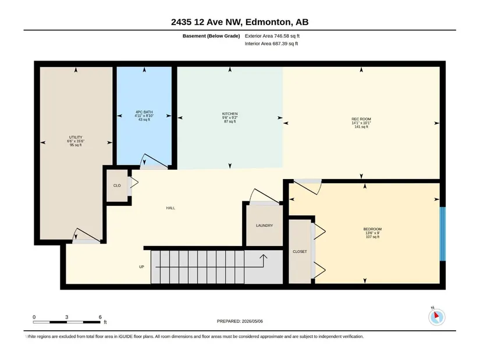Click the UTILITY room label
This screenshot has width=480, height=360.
pyautogui.click(x=76, y=137)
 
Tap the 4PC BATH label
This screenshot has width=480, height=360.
pyautogui.click(x=144, y=112)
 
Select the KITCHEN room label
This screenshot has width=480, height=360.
pyautogui.click(x=230, y=113)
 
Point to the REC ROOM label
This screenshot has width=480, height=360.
pyautogui.click(x=361, y=119)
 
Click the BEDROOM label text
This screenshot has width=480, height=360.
pyautogui.click(x=372, y=229)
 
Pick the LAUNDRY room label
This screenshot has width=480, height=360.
pyautogui.click(x=265, y=225)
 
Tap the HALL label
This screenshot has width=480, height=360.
pyautogui.click(x=170, y=208)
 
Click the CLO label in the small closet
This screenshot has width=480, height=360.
pyautogui.click(x=117, y=186)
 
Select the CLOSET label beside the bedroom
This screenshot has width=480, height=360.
pyautogui.click(x=300, y=251)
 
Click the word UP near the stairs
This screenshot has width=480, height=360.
pyautogui.click(x=141, y=266)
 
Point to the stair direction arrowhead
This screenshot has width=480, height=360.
pyautogui.click(x=263, y=256)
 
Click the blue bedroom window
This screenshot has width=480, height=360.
pyautogui.click(x=442, y=234)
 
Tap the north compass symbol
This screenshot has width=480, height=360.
pyautogui.click(x=437, y=316)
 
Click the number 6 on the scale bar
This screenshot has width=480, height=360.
pyautogui.click(x=100, y=317)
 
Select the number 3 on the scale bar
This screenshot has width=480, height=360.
pyautogui.click(x=67, y=317)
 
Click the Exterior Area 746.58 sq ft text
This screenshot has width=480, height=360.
pyautogui.click(x=272, y=36)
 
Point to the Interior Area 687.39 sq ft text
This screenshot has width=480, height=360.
pyautogui.click(x=271, y=44)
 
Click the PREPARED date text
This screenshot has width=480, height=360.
pyautogui.click(x=240, y=321)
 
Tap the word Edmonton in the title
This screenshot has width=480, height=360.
pyautogui.click(x=268, y=22)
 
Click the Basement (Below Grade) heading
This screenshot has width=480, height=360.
pyautogui.click(x=211, y=36)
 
